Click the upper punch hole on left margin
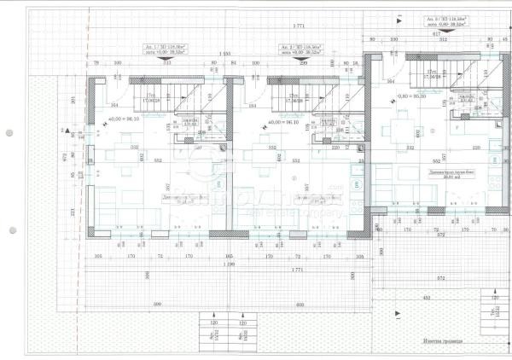9,134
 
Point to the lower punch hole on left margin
9,228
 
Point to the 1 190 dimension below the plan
225,264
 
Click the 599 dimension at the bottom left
157,304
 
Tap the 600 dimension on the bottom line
300,304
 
